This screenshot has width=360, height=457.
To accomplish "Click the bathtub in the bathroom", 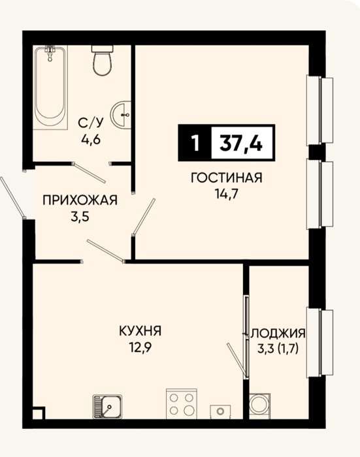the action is coord(50,87).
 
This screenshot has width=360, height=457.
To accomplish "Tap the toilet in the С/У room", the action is coord(102,60).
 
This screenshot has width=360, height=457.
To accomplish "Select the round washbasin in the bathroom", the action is coord(121,114).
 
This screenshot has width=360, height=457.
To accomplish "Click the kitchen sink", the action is coord(107,407).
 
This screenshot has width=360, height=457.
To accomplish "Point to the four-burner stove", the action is coord(182,403).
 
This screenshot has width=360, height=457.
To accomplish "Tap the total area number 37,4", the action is coord(241,144).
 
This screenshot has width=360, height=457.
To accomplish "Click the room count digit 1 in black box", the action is coord(195,144).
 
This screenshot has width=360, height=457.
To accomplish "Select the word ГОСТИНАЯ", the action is coord(226,178).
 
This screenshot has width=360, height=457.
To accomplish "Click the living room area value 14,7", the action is coord(227,194).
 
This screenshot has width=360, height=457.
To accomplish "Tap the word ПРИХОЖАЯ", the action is coord(80,200).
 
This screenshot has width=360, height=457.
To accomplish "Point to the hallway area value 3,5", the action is coord(80,217).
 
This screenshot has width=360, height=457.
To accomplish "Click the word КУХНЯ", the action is coord(140,331).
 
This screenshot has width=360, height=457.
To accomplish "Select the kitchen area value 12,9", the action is coord(140,348).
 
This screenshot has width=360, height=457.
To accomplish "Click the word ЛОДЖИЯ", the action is coord(278,333).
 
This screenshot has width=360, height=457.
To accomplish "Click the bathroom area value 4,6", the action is coord(91,140).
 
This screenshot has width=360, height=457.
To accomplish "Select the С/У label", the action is coord(91,123).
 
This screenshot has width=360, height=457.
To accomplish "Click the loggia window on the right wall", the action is coord(319,343).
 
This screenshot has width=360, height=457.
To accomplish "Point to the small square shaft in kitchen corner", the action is coord(39,413).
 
